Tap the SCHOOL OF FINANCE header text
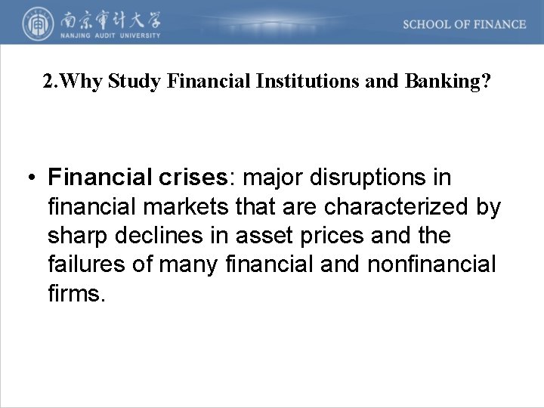464,24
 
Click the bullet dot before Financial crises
29,179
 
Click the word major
265,178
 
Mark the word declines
155,236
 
